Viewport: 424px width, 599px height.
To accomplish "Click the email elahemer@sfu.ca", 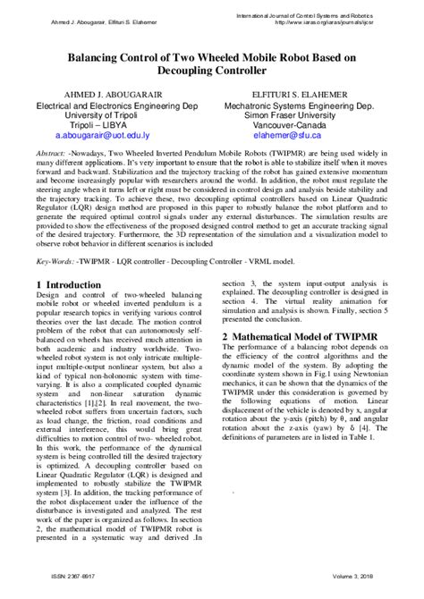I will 286,138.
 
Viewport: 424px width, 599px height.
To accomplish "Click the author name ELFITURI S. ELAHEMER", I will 286,92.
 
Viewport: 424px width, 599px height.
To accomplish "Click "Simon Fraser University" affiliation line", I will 286,115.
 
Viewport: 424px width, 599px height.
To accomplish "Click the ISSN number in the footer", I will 57,590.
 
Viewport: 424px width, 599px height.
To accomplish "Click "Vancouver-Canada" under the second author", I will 286,126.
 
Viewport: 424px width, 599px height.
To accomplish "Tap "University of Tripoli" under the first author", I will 98,115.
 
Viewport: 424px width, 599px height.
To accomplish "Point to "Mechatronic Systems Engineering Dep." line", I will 286,104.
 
